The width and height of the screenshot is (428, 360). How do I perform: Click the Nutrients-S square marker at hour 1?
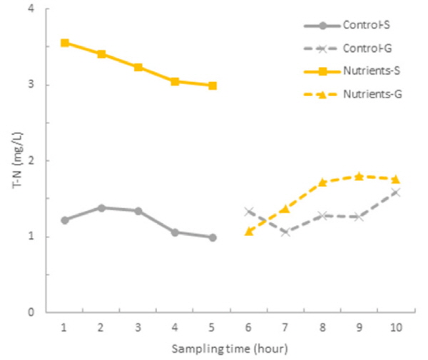point(65,43)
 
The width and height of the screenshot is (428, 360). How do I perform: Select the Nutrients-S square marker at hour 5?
point(212,86)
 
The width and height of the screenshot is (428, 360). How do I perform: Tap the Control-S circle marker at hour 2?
point(101,207)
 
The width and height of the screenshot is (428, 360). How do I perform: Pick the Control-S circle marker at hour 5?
point(212,237)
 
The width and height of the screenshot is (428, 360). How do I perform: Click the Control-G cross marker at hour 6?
point(248,211)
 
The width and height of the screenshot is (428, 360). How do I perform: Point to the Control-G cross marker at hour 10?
point(395,192)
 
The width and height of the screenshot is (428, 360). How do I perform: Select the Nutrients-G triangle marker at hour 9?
point(359,176)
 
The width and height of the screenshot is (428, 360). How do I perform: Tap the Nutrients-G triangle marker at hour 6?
point(248,232)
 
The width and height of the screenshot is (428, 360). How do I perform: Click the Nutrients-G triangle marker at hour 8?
point(322,182)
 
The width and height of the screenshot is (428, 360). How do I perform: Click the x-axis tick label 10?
point(395,326)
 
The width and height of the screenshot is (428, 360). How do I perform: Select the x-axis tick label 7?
point(285,326)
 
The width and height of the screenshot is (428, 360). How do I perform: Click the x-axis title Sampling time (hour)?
point(229,349)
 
